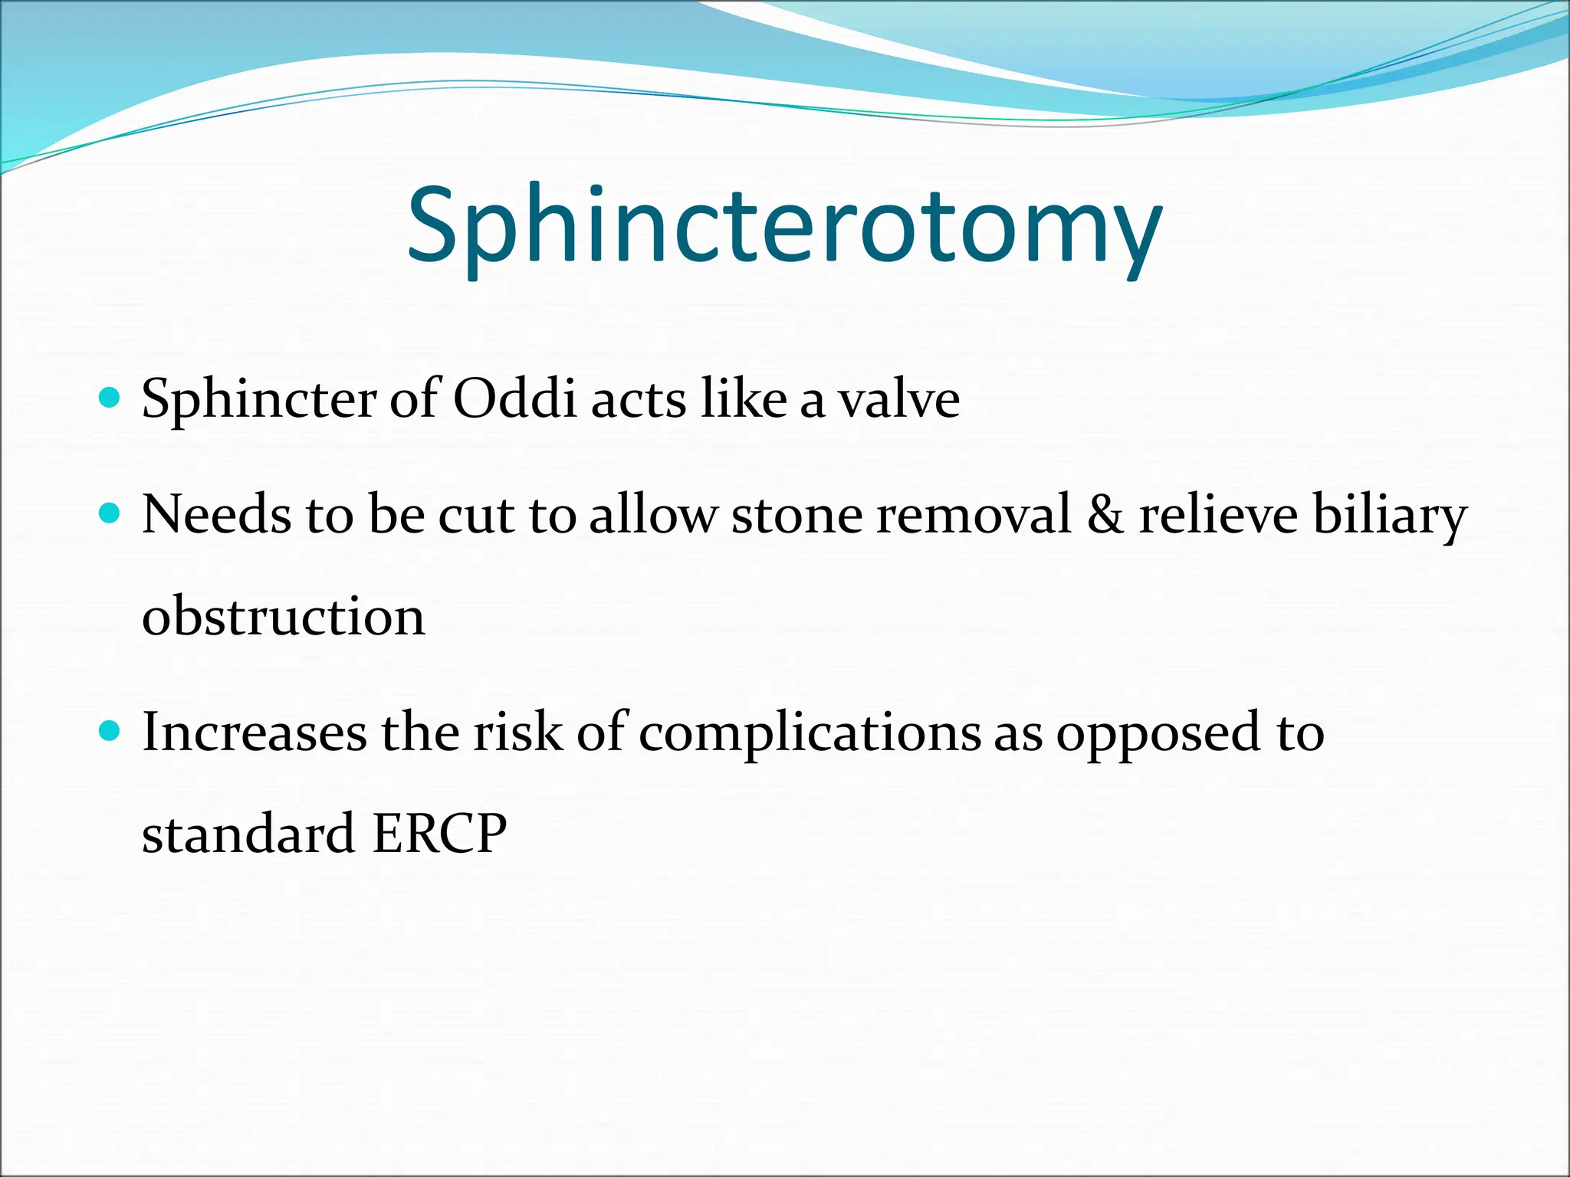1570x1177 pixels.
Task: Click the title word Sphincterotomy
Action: click(x=783, y=227)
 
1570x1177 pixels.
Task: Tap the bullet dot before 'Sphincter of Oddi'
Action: click(x=111, y=398)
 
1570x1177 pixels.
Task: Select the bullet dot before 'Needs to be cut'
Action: click(x=111, y=513)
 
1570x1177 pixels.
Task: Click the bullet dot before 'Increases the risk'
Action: click(x=111, y=730)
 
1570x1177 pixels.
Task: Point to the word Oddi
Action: click(x=514, y=398)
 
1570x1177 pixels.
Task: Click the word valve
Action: click(x=898, y=400)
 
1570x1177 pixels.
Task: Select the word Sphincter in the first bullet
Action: click(x=258, y=400)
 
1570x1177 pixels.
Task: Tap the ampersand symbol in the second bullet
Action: click(x=1105, y=514)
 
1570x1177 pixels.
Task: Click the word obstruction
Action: click(x=283, y=616)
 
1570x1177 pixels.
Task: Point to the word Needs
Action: click(x=216, y=514)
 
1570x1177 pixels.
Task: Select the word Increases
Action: click(x=255, y=732)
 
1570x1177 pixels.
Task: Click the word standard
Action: click(x=248, y=834)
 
